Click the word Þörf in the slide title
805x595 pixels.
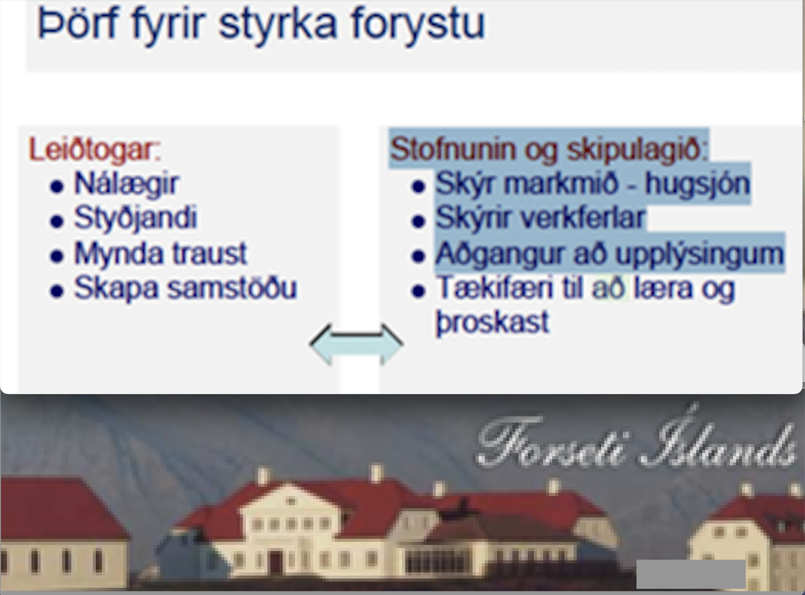click(78, 24)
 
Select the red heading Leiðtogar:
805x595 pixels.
click(95, 149)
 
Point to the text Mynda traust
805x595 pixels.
click(160, 253)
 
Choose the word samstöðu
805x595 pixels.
click(232, 288)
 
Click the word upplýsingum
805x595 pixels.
click(700, 254)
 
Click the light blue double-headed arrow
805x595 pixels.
click(356, 344)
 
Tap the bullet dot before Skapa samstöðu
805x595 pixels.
click(57, 291)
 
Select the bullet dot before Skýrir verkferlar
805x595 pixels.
click(418, 221)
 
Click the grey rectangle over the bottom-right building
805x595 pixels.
click(691, 574)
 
